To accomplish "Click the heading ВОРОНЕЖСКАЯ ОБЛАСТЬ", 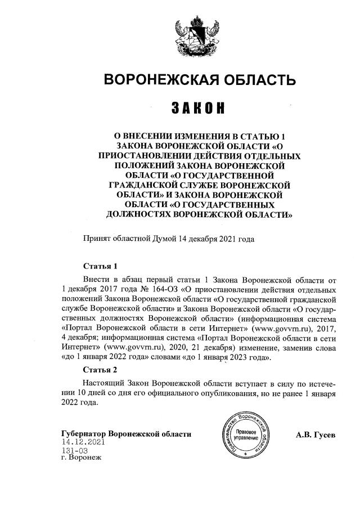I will tap(200, 80).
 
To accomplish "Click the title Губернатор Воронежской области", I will tap(126, 434).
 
